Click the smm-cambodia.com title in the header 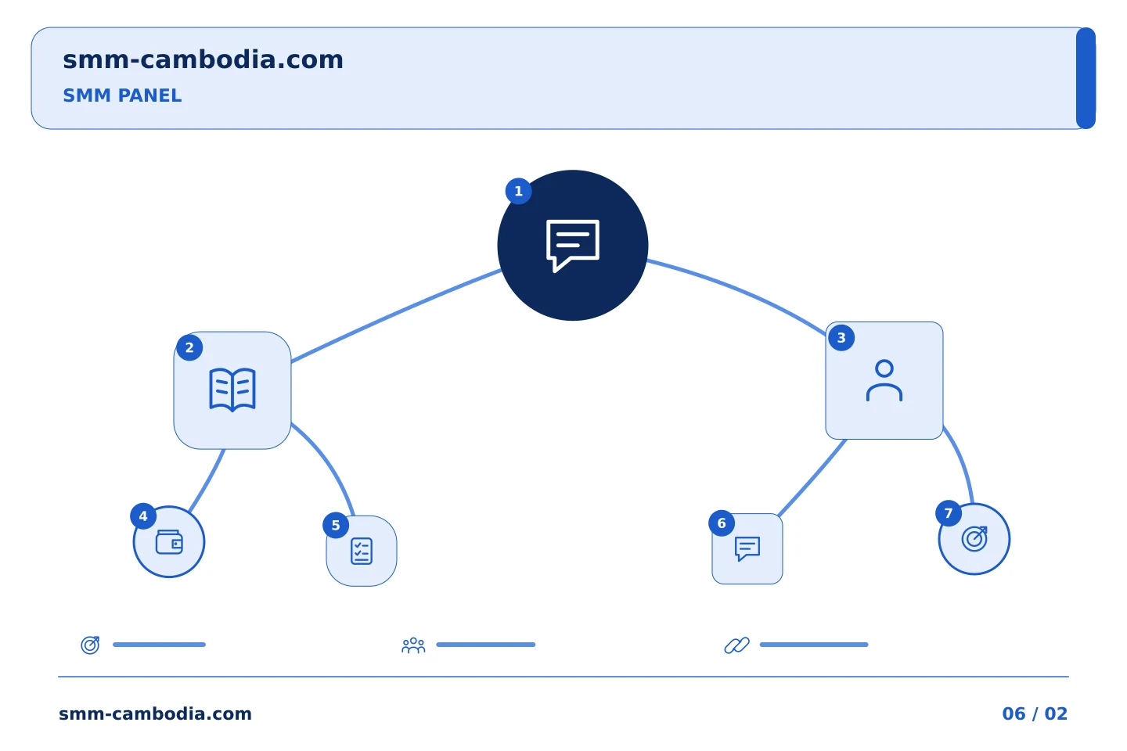(203, 59)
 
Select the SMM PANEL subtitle (122, 95)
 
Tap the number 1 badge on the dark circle (518, 191)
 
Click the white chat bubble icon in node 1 (573, 246)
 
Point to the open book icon (232, 390)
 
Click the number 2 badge (189, 347)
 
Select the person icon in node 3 (884, 380)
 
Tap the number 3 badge (841, 337)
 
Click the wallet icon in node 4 (169, 542)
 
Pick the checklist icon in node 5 (362, 551)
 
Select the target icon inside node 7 (974, 539)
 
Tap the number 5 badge (336, 526)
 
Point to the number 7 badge (949, 513)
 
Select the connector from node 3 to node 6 (812, 478)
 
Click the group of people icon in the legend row (413, 645)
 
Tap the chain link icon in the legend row (736, 645)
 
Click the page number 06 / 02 (1035, 713)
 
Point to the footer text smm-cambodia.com (155, 713)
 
